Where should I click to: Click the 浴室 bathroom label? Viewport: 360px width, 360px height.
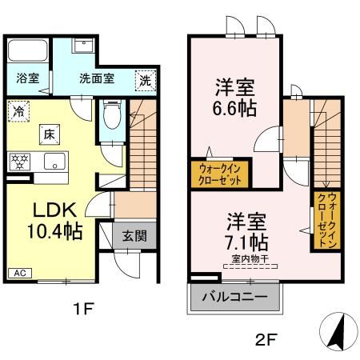[26, 78]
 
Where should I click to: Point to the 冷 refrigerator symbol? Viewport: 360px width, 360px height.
[18, 111]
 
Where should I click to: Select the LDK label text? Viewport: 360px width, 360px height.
[54, 210]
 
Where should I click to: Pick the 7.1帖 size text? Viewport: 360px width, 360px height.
[246, 240]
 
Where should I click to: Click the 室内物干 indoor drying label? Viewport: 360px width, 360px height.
[247, 258]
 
